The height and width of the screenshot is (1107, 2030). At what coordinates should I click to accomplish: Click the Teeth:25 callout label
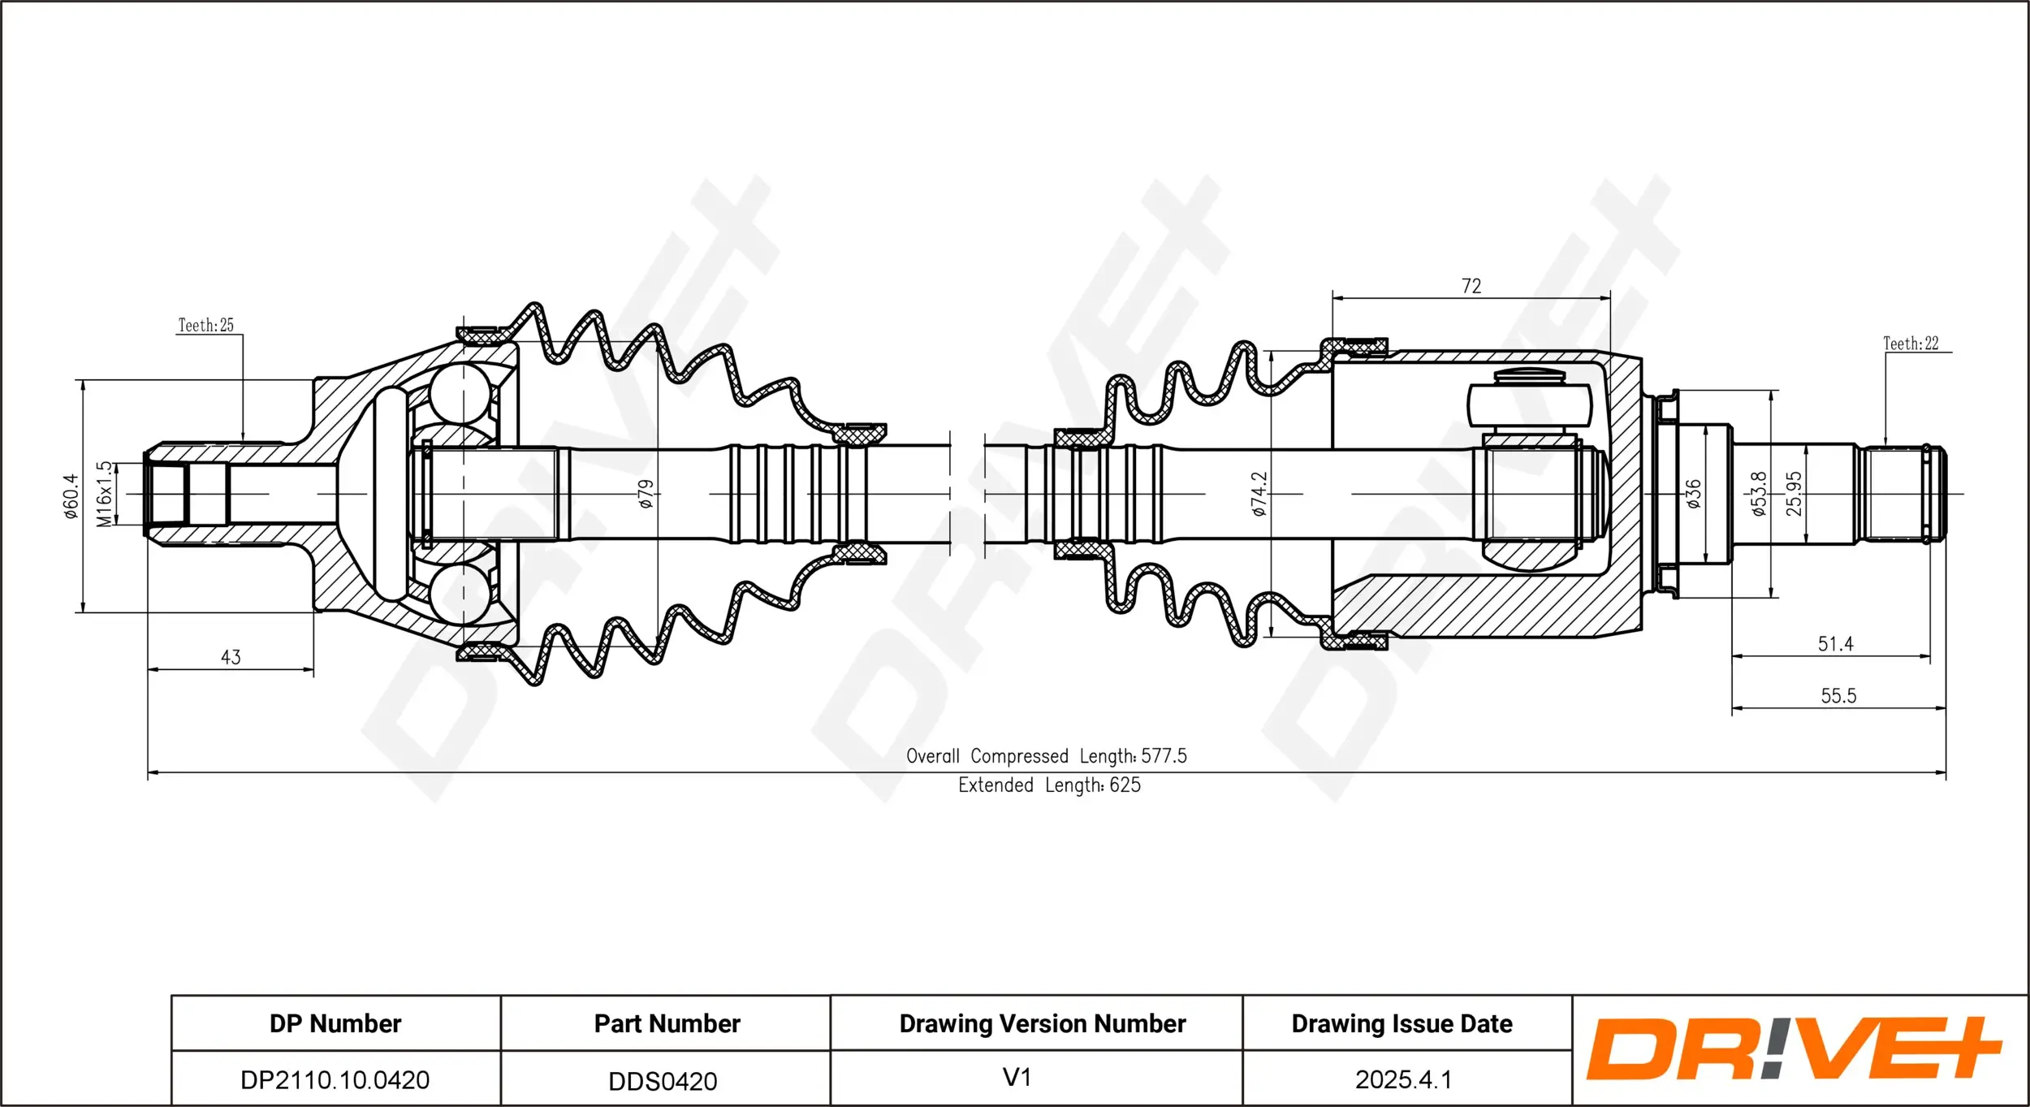[205, 325]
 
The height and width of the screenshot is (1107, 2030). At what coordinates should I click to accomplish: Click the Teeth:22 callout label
[1910, 344]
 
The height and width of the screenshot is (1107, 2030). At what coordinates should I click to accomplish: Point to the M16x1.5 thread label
[104, 494]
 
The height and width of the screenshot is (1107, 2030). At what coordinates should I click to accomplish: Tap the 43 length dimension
[231, 656]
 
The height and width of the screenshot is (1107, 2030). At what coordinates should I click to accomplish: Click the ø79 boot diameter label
[646, 493]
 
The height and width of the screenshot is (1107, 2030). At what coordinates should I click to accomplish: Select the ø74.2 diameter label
[1259, 494]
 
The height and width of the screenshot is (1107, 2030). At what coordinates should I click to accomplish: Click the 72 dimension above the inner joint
[1471, 286]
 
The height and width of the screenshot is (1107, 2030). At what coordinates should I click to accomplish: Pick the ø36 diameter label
[1693, 493]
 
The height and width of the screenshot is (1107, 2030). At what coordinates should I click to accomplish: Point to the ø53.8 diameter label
[1759, 493]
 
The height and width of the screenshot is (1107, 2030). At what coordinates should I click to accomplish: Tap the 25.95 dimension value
[1794, 493]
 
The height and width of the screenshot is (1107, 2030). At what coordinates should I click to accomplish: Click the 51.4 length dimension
[1835, 643]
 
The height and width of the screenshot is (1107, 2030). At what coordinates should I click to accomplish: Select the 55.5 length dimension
[1838, 695]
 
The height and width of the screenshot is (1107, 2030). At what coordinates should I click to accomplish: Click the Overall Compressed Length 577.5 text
[1046, 755]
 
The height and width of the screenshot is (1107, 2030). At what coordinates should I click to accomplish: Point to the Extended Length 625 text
[1048, 785]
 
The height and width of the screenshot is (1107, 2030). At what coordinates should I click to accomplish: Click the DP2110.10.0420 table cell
[335, 1079]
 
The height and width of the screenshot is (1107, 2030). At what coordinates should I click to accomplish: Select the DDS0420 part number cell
[663, 1080]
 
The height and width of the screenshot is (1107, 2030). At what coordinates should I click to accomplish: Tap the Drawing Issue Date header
[1402, 1023]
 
